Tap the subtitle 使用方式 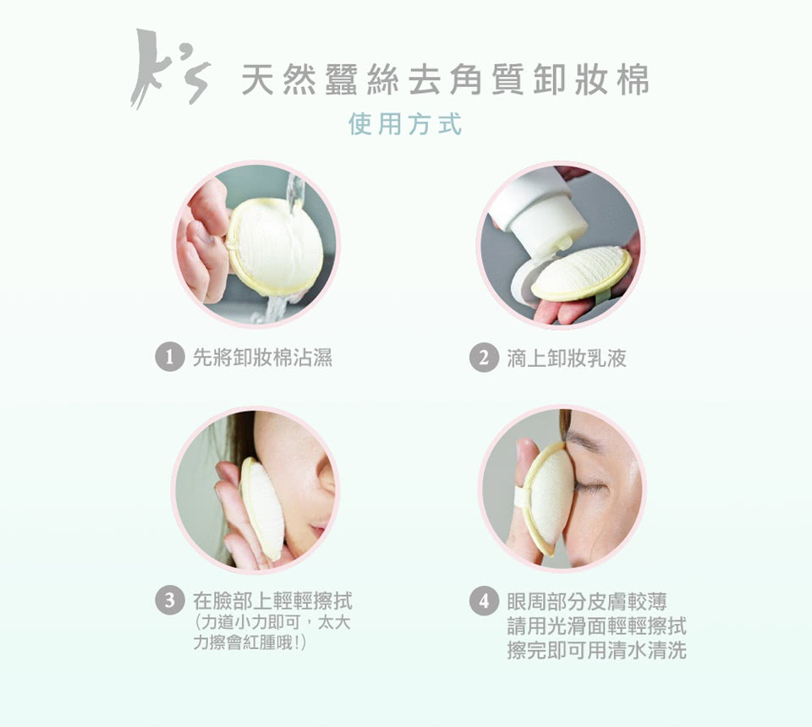click(x=405, y=124)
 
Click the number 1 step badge click(x=170, y=357)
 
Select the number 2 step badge click(x=484, y=357)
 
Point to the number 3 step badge click(x=170, y=601)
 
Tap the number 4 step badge click(x=484, y=601)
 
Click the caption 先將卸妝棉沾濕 click(x=262, y=358)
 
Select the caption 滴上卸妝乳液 click(x=567, y=358)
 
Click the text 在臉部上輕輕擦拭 click(x=272, y=601)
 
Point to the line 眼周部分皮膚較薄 click(x=587, y=601)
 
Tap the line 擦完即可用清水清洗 click(x=597, y=650)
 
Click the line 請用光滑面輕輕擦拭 click(x=597, y=626)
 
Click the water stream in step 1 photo click(x=294, y=194)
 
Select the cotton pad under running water click(x=274, y=247)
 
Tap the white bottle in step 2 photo click(x=538, y=215)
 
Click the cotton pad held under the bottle click(x=581, y=273)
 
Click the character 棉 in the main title click(x=633, y=80)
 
